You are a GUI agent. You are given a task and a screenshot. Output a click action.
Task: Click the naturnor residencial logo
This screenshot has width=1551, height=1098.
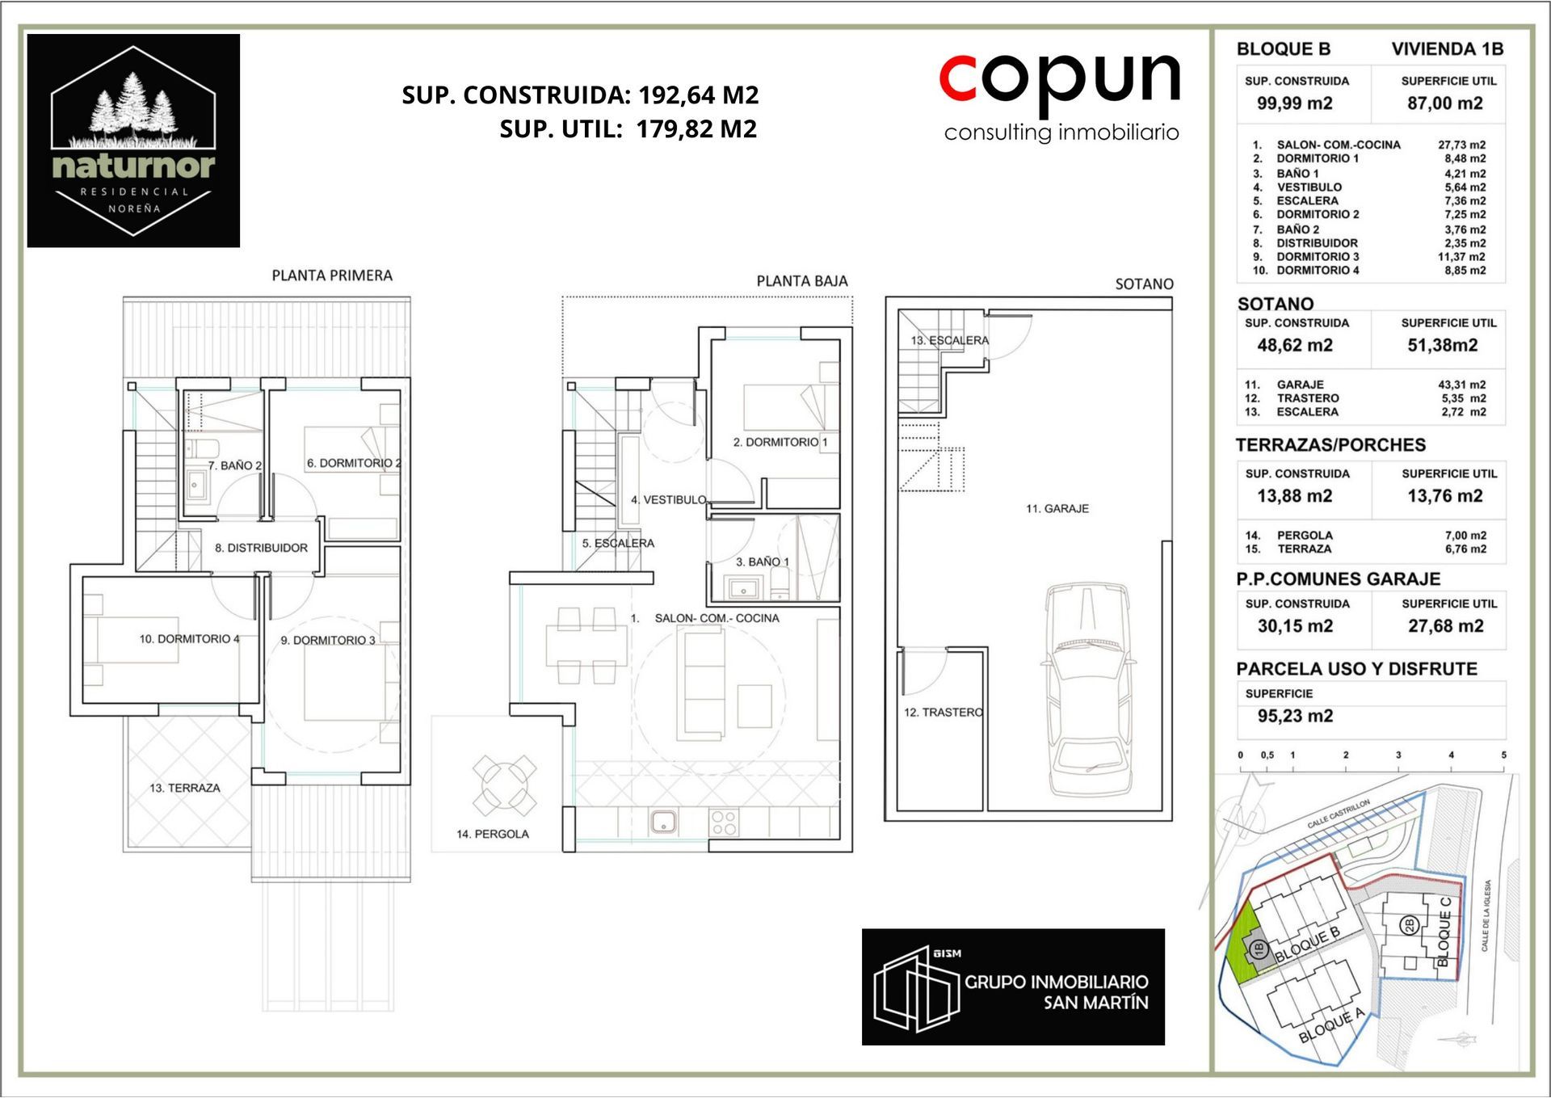[x=133, y=141]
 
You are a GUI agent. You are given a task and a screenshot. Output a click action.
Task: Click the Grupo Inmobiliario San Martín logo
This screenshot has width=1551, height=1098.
[x=1013, y=987]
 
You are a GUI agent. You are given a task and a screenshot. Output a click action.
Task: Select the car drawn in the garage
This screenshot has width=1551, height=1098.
[x=1088, y=689]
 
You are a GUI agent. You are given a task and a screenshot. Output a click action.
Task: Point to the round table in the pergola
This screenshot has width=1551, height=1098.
[x=504, y=784]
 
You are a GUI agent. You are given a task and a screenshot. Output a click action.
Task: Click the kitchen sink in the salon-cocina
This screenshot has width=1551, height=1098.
[x=663, y=822]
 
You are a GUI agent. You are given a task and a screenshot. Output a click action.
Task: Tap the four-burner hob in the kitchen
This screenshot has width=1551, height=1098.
[x=724, y=822]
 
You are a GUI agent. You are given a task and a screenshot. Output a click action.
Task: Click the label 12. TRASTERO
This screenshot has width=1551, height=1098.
[x=944, y=712]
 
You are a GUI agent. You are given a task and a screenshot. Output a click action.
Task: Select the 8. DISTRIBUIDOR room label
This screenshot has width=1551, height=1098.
[x=261, y=548]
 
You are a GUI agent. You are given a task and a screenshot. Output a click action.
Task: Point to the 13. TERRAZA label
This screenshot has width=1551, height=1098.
[x=185, y=788]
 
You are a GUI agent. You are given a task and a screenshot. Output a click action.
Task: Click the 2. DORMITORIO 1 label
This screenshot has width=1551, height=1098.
[x=780, y=442]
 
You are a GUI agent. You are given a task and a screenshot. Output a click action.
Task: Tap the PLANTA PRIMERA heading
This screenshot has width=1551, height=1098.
[x=332, y=276]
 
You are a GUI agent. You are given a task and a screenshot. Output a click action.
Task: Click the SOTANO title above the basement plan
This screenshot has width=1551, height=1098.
[x=1144, y=284]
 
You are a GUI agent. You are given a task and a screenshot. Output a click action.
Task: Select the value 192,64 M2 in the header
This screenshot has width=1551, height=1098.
[x=699, y=95]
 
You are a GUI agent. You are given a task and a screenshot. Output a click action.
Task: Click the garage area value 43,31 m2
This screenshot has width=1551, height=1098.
[x=1461, y=385]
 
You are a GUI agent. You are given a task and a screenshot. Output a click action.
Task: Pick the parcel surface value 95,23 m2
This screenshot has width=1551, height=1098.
[x=1295, y=716]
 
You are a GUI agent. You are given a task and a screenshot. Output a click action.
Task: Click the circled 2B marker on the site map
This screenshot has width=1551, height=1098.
[x=1410, y=925]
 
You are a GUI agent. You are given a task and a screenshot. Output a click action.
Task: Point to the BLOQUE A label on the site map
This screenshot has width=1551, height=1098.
[x=1331, y=1025]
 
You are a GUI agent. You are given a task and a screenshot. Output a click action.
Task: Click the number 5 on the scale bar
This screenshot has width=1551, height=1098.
[x=1503, y=755]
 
